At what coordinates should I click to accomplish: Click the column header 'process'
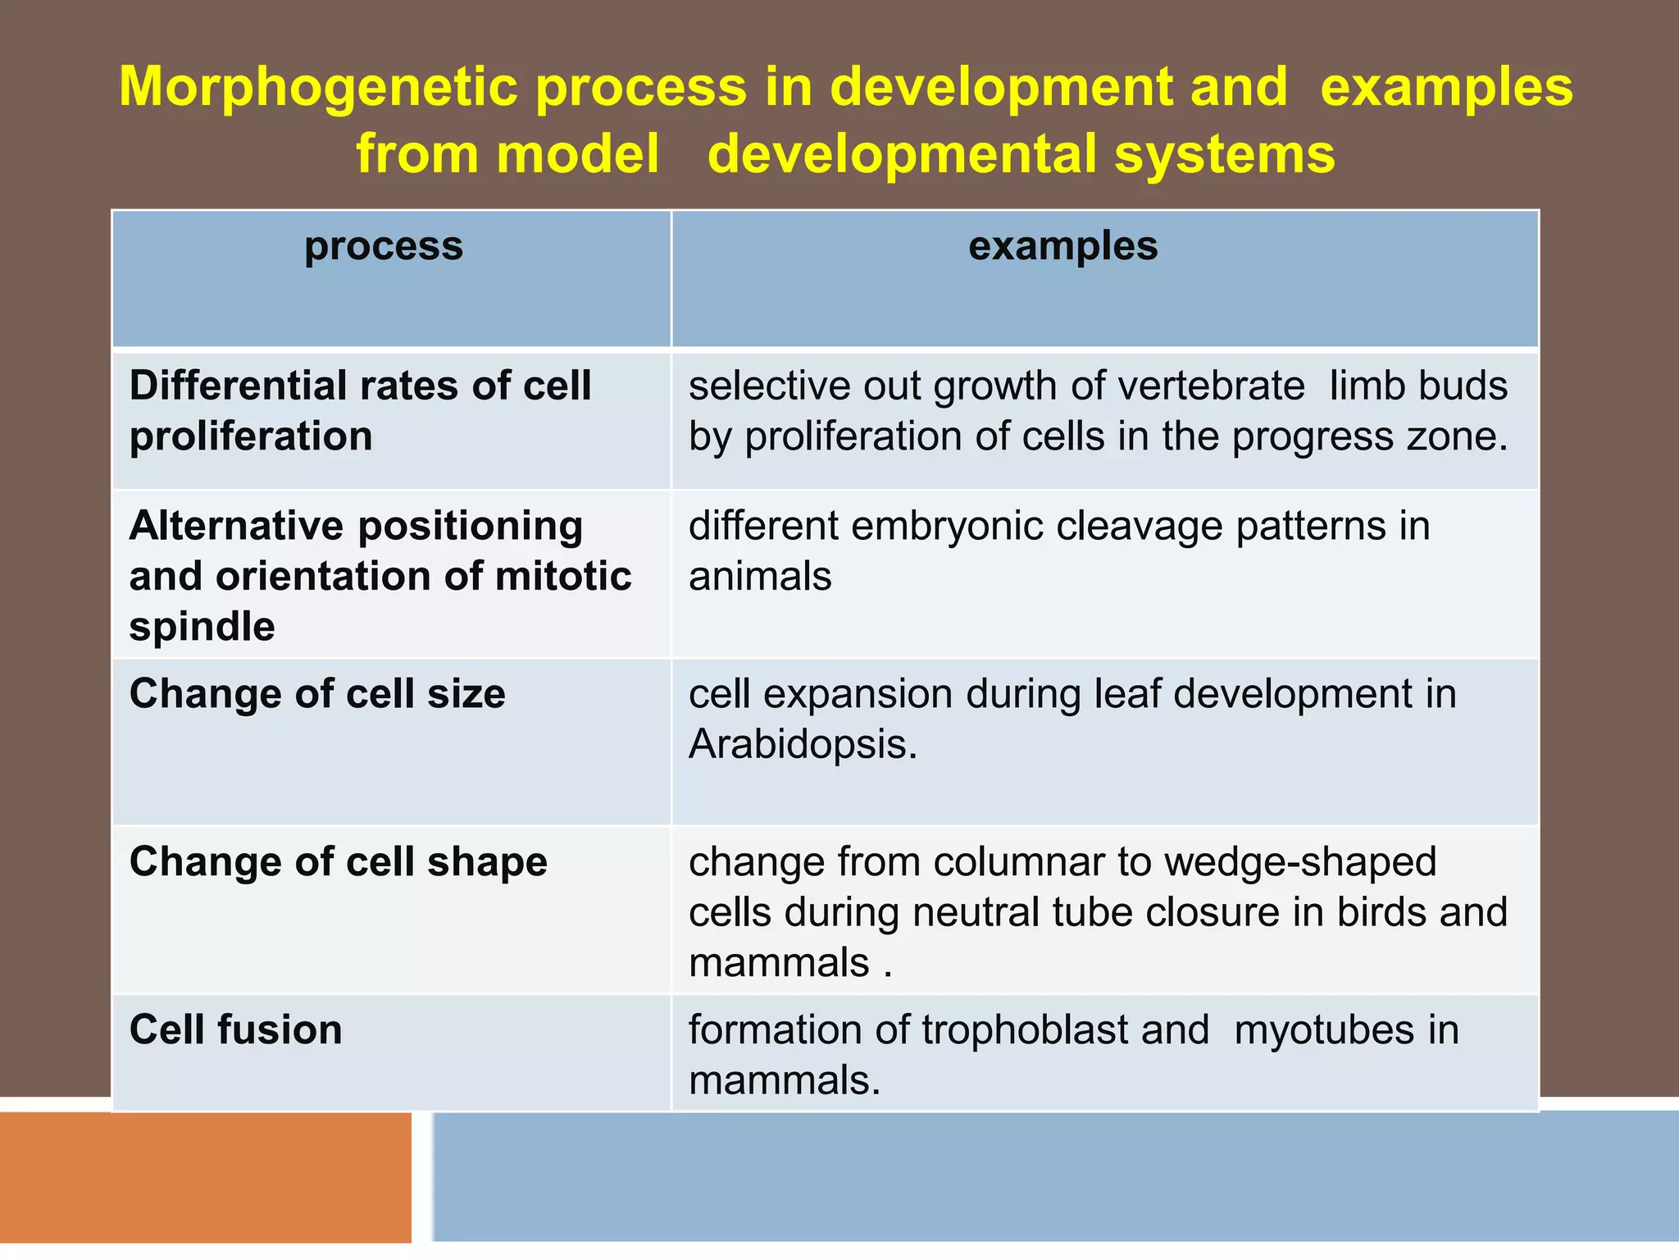(x=384, y=247)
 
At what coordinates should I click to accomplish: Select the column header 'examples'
(x=1062, y=246)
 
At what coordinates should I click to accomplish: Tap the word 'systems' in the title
(x=1225, y=155)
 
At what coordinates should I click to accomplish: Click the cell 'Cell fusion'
(x=236, y=1029)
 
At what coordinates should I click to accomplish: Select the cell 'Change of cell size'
(x=317, y=694)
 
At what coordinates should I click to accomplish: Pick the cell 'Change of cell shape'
(x=338, y=862)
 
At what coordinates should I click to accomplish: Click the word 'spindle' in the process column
(x=202, y=628)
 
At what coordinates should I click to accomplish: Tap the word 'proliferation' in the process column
(x=251, y=436)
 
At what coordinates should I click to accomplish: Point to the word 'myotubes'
(x=1323, y=1030)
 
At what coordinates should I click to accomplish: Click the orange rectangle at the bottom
(x=205, y=1177)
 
